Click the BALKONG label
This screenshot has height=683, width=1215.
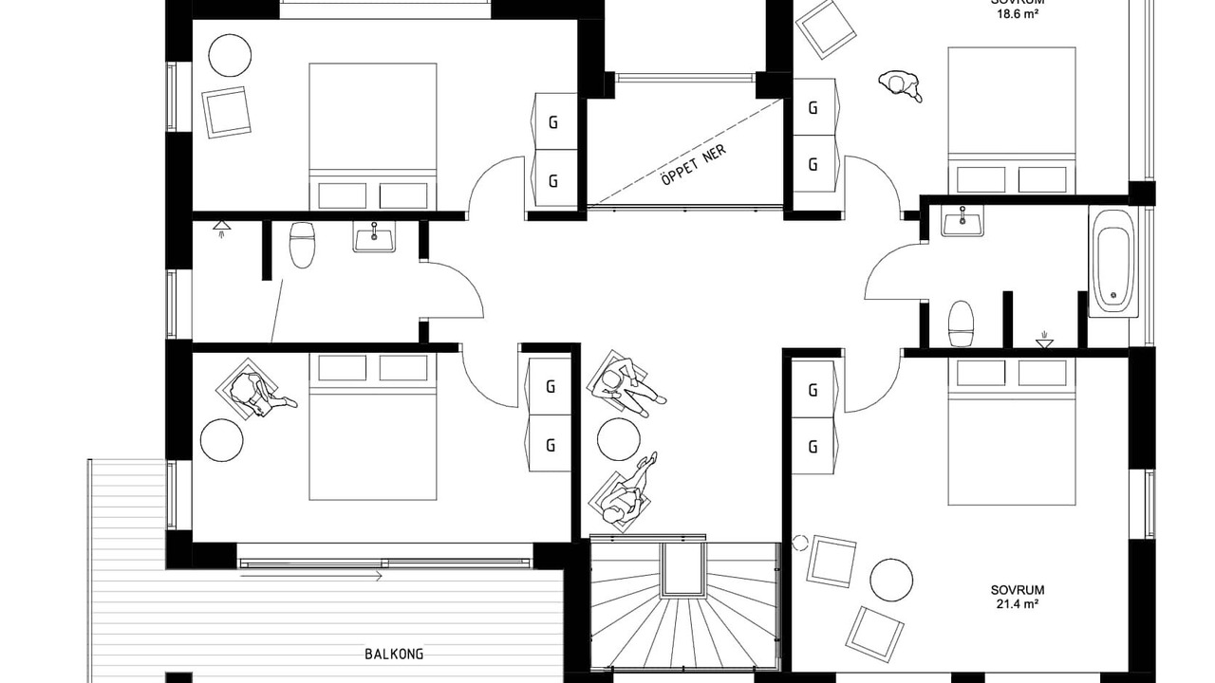394,654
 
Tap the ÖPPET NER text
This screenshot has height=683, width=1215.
693,165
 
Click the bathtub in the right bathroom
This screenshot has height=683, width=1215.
1113,264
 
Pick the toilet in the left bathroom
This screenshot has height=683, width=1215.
302,245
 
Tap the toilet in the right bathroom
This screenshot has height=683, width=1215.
961,323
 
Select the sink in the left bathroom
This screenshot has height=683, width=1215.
374,237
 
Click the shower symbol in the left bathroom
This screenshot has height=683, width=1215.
220,229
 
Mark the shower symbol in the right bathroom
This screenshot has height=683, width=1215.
1044,340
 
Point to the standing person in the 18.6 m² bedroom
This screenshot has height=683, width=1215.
901,85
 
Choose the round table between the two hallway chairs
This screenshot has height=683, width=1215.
618,439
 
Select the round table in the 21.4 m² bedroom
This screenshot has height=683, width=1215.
891,580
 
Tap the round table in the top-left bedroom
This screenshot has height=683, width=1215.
230,55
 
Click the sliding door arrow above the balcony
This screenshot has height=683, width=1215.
311,576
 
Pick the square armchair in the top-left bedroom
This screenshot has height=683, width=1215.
227,112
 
